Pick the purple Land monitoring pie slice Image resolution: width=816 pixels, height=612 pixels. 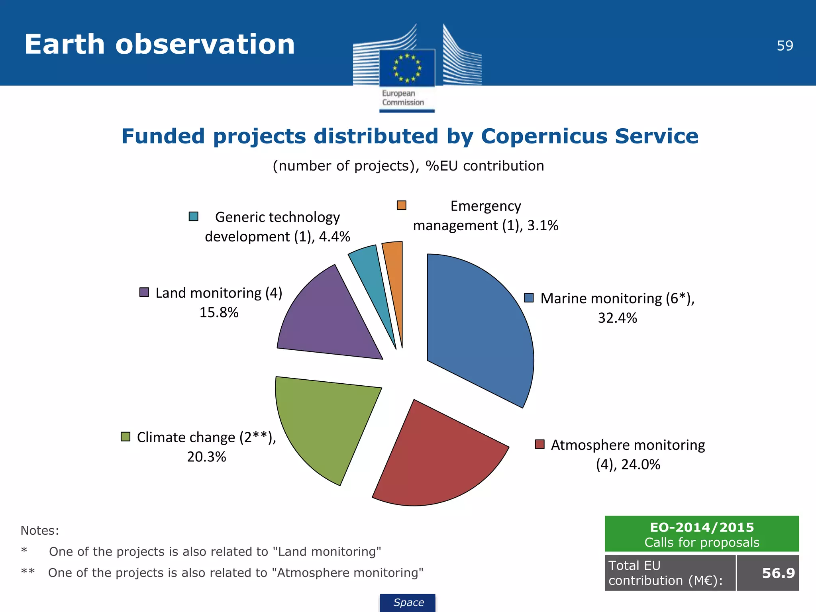331,319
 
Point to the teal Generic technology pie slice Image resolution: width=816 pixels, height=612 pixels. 373,279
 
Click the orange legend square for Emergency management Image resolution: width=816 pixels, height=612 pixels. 402,205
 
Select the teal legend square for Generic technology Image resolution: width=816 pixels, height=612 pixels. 194,216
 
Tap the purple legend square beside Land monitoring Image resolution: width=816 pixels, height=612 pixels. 144,292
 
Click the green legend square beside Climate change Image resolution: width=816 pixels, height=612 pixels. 126,437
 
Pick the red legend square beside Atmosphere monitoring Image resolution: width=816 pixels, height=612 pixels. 539,444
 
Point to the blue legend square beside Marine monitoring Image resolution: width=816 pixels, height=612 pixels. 529,298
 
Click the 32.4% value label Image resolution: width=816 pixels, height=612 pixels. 617,318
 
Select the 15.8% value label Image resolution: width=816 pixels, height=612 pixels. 219,312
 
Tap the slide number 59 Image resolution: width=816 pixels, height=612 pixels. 785,46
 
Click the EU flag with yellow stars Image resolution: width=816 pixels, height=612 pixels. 407,68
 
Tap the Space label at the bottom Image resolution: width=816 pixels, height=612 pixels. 408,602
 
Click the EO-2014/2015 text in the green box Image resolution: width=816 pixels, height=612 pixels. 702,528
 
